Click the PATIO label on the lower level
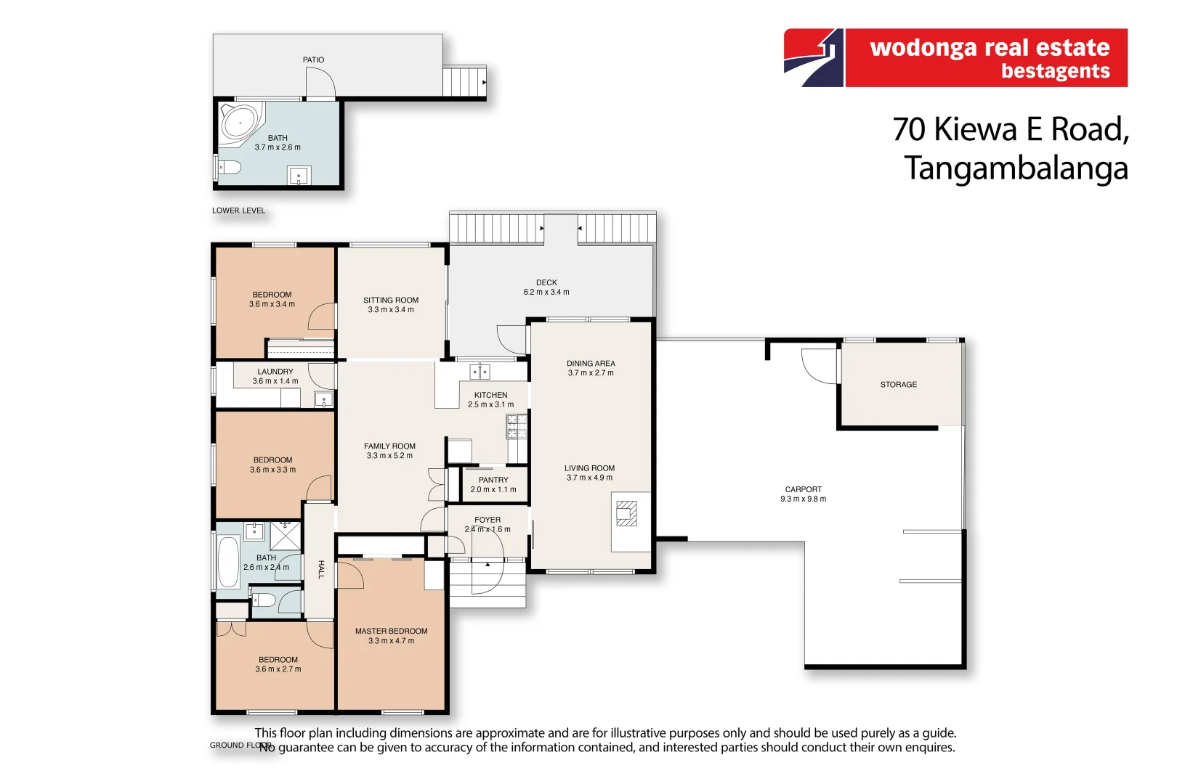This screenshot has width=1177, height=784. (x=313, y=60)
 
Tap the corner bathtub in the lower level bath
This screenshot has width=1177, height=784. (x=240, y=122)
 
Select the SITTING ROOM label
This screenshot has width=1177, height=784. (x=391, y=300)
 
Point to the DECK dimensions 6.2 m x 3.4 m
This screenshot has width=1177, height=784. (x=546, y=293)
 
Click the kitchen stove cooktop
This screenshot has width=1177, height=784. (x=517, y=427)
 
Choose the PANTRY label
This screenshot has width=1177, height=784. (x=493, y=480)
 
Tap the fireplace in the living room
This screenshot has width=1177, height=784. (x=626, y=513)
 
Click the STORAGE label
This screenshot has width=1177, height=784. (x=898, y=385)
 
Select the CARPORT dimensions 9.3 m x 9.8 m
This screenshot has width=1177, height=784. (x=803, y=499)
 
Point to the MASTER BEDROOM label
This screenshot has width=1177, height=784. (x=391, y=632)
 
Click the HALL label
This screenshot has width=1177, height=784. (x=320, y=570)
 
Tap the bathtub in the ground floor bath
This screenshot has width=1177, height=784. (x=228, y=562)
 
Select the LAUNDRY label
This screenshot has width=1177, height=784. (x=275, y=372)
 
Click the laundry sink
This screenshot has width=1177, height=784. (x=323, y=399)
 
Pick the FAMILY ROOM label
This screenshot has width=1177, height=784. (x=389, y=446)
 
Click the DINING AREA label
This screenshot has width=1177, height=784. (x=591, y=364)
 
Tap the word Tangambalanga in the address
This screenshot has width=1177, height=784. (x=1016, y=168)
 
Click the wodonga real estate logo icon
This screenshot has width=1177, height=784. (x=814, y=58)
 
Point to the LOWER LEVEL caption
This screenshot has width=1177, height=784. (x=238, y=211)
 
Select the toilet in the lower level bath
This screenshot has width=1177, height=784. (x=230, y=168)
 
